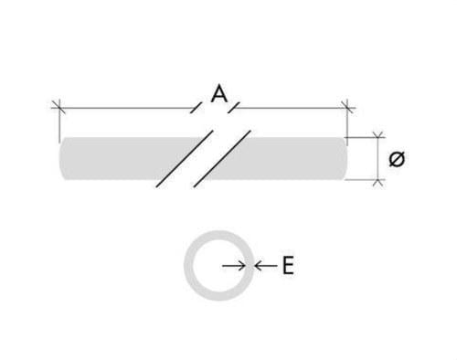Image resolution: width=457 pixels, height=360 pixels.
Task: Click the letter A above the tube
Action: click(x=219, y=94)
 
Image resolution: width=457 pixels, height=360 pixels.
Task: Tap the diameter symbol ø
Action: click(x=397, y=159)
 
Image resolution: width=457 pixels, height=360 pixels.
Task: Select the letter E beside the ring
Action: click(x=288, y=266)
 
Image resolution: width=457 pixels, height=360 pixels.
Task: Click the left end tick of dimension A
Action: click(x=58, y=108)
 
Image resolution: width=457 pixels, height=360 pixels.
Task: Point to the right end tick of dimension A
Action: click(x=347, y=108)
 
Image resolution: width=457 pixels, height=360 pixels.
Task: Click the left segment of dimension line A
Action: click(x=126, y=108)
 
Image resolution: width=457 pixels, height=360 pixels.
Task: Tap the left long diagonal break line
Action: click(x=185, y=159)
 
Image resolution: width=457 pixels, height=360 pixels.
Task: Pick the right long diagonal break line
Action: click(x=222, y=159)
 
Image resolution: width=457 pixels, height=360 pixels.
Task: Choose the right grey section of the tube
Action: click(x=283, y=159)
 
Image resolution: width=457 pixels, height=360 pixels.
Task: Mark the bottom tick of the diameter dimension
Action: click(x=378, y=181)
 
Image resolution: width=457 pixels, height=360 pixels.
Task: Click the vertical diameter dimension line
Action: click(x=378, y=159)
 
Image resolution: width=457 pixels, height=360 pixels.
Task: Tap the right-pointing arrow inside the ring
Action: click(x=234, y=266)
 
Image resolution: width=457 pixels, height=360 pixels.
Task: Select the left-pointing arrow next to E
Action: click(x=266, y=266)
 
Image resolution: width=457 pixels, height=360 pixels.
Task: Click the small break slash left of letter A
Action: click(x=196, y=108)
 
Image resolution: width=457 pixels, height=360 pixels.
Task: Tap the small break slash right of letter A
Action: click(x=234, y=108)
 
